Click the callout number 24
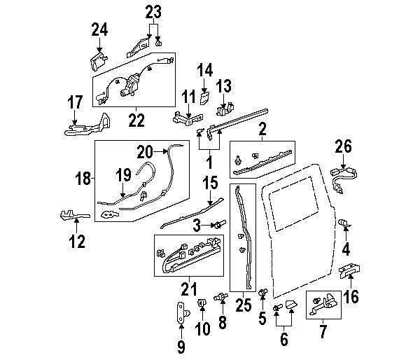[x=100, y=29]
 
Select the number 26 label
[x=342, y=148]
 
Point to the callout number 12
[x=76, y=242]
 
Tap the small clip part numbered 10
[x=202, y=303]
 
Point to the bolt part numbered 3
[x=220, y=224]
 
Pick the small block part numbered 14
[x=205, y=96]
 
